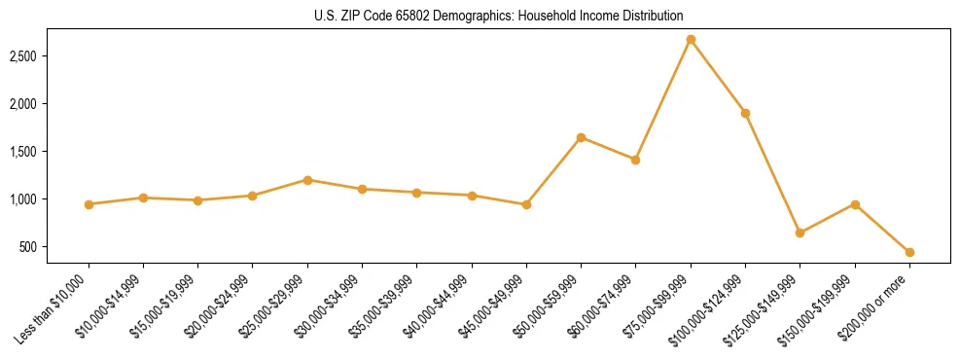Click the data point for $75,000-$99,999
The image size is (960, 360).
tap(691, 40)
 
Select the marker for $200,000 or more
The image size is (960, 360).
tap(909, 252)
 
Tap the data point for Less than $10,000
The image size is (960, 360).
tap(89, 204)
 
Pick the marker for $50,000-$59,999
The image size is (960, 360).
tap(581, 137)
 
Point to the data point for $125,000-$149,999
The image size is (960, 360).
tap(800, 233)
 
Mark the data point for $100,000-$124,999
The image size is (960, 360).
tap(745, 113)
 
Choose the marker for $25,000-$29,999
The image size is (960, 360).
tap(307, 180)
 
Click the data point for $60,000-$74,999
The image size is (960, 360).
tap(635, 160)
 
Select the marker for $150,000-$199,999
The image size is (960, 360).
tap(855, 204)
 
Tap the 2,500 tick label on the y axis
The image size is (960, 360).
tap(49, 56)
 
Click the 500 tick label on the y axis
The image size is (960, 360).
tap(54, 247)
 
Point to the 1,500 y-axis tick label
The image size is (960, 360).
tap(49, 152)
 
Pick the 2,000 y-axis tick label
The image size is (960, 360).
tap(49, 104)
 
